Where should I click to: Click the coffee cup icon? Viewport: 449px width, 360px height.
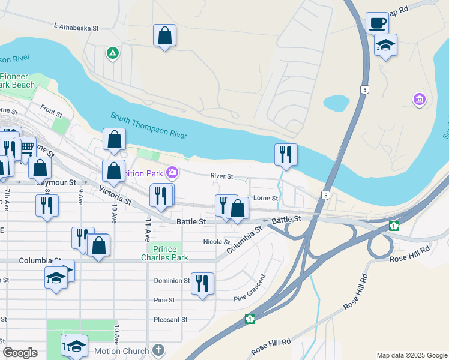pos(377,23)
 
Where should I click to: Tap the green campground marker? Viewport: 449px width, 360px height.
pos(112,54)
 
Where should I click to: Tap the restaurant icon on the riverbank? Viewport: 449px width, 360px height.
pos(286,154)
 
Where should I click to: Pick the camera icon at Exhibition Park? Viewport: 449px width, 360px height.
pos(173,173)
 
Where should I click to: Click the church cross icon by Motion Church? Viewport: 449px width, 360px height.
pos(158,350)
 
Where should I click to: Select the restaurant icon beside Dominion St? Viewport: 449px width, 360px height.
pos(202,282)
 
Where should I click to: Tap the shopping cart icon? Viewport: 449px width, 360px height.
pos(27,146)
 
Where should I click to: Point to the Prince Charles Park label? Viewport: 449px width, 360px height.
pos(164,253)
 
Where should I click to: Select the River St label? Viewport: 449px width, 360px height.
pos(221,176)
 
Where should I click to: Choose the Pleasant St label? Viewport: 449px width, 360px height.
pos(171,319)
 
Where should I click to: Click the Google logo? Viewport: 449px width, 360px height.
pos(20,353)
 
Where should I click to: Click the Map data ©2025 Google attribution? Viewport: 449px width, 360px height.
pos(411,355)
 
